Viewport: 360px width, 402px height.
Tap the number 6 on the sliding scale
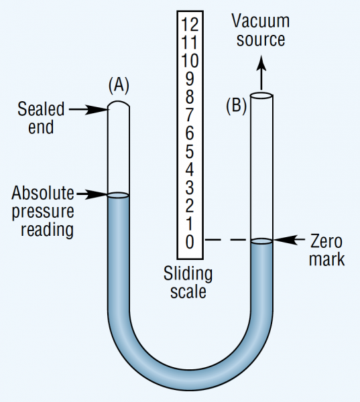pyautogui.click(x=190, y=133)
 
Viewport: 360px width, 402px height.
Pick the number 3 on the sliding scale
pyautogui.click(x=190, y=187)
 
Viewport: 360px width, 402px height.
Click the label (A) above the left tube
pyautogui.click(x=118, y=85)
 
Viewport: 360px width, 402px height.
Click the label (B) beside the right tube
pyautogui.click(x=236, y=105)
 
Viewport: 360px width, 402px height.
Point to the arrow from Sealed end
pyautogui.click(x=88, y=109)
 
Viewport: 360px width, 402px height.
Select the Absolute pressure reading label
pyautogui.click(x=42, y=211)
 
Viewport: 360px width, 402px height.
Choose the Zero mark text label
pyautogui.click(x=326, y=249)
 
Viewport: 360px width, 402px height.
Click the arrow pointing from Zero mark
pyautogui.click(x=290, y=239)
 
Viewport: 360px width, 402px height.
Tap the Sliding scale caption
pyautogui.click(x=188, y=283)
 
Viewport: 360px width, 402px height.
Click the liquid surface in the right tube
pyautogui.click(x=261, y=241)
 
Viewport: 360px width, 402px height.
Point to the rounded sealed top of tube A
pyautogui.click(x=118, y=105)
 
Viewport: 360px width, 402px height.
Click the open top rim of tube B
pyautogui.click(x=261, y=96)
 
